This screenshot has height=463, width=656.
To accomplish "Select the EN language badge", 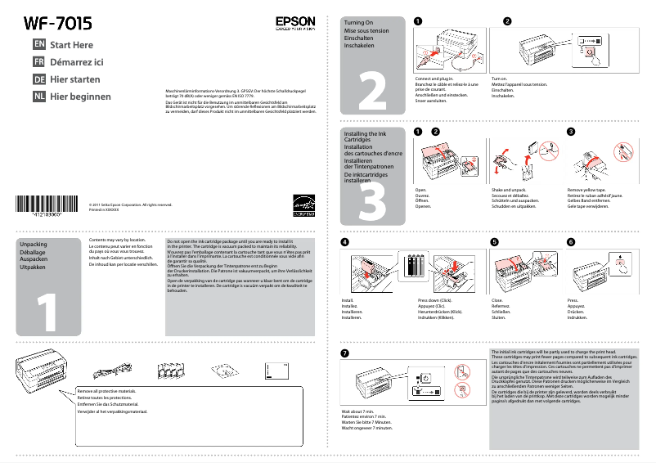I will point(38,45).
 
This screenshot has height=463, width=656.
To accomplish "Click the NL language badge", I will point(38,97).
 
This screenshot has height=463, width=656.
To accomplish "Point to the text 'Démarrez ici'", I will point(77,62).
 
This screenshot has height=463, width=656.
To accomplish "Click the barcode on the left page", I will point(50,205).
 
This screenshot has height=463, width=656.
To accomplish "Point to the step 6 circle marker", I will point(571,243).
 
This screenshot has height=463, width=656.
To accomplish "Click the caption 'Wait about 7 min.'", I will point(357,411).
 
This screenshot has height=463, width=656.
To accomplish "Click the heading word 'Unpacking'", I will point(34,245).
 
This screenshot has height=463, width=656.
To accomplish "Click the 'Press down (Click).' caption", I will point(434,301).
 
